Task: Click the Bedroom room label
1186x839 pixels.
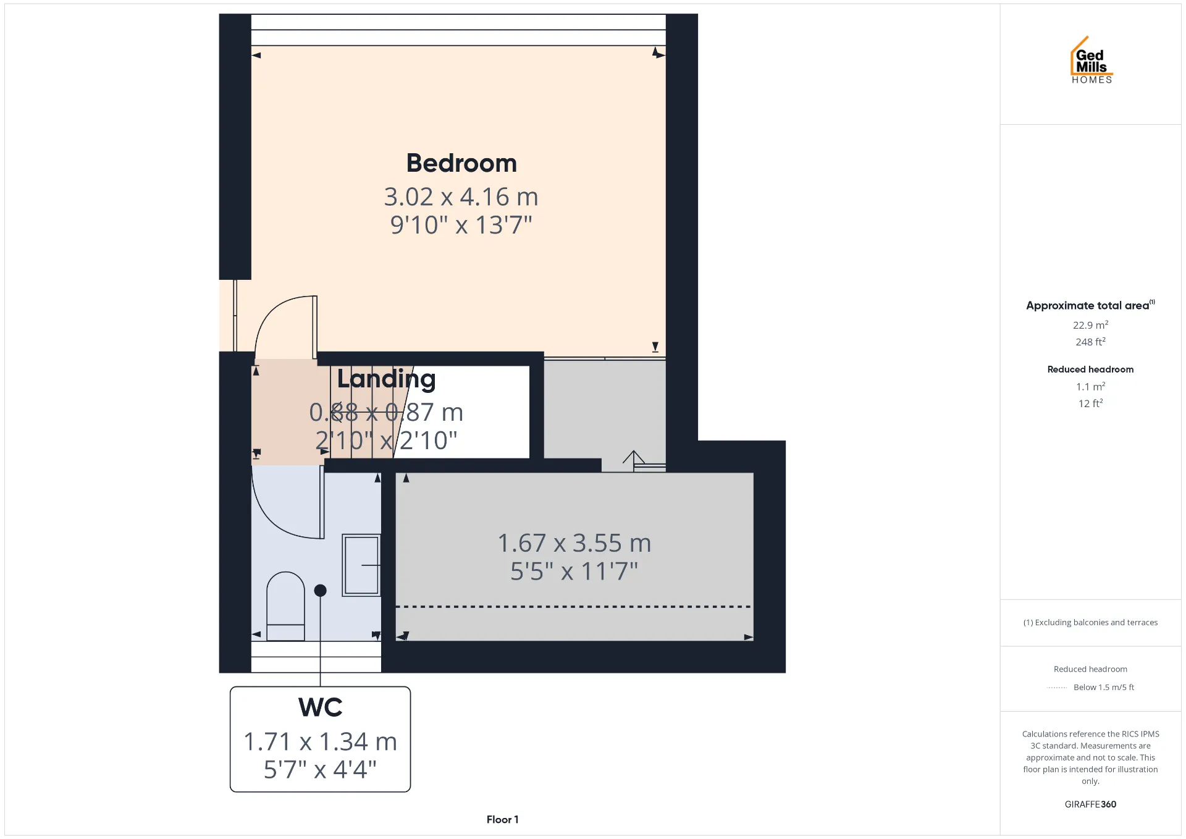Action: point(461,163)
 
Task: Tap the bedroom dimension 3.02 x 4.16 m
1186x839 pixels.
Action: point(461,197)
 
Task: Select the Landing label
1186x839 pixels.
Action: point(386,379)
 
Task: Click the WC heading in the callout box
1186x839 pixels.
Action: point(320,707)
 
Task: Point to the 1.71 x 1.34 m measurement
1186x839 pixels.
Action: point(320,741)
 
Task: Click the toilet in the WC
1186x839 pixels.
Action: point(285,606)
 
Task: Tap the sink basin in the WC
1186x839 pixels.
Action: point(361,565)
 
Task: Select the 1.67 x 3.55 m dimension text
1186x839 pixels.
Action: point(574,543)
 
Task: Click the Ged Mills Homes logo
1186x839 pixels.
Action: point(1091,60)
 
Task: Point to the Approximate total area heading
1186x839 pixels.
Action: point(1090,305)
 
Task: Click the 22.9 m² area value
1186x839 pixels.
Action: point(1090,325)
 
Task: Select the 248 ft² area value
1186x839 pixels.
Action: point(1090,342)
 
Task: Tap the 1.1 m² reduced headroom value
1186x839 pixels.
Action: point(1090,387)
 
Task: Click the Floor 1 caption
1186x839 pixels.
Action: point(502,820)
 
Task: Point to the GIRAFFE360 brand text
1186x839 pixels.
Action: point(1090,804)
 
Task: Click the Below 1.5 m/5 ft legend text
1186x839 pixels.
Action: point(1104,687)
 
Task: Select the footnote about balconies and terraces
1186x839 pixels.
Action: point(1090,623)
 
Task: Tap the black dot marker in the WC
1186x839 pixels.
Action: point(320,591)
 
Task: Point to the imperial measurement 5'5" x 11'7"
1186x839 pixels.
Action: point(574,571)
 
